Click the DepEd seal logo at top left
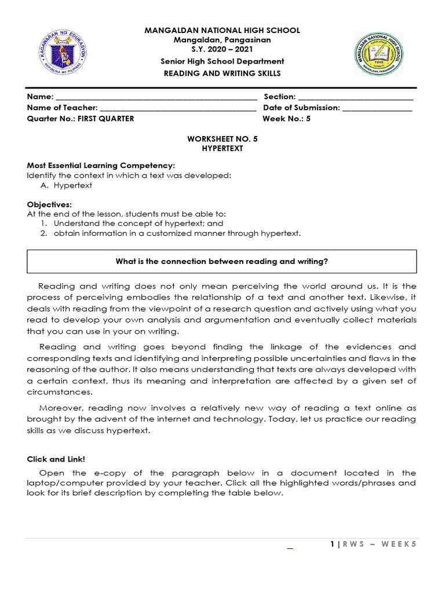pyautogui.click(x=62, y=53)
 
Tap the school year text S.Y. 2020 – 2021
pyautogui.click(x=222, y=50)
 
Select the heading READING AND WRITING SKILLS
pyautogui.click(x=222, y=74)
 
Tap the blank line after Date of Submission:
pyautogui.click(x=377, y=108)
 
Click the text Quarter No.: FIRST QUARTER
pyautogui.click(x=81, y=119)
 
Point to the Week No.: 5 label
pyautogui.click(x=287, y=119)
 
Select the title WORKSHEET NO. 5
pyautogui.click(x=222, y=140)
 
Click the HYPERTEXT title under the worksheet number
pyautogui.click(x=222, y=149)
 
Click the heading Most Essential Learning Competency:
pyautogui.click(x=101, y=166)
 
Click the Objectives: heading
pyautogui.click(x=50, y=204)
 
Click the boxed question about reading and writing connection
pyautogui.click(x=222, y=262)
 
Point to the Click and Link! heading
pyautogui.click(x=56, y=459)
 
